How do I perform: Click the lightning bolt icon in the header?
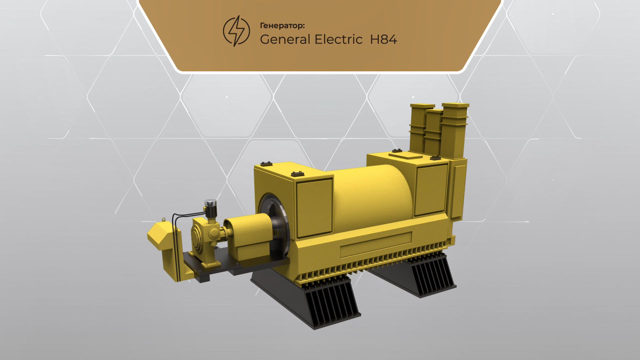tap(236, 31)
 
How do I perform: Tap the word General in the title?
tap(285, 40)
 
